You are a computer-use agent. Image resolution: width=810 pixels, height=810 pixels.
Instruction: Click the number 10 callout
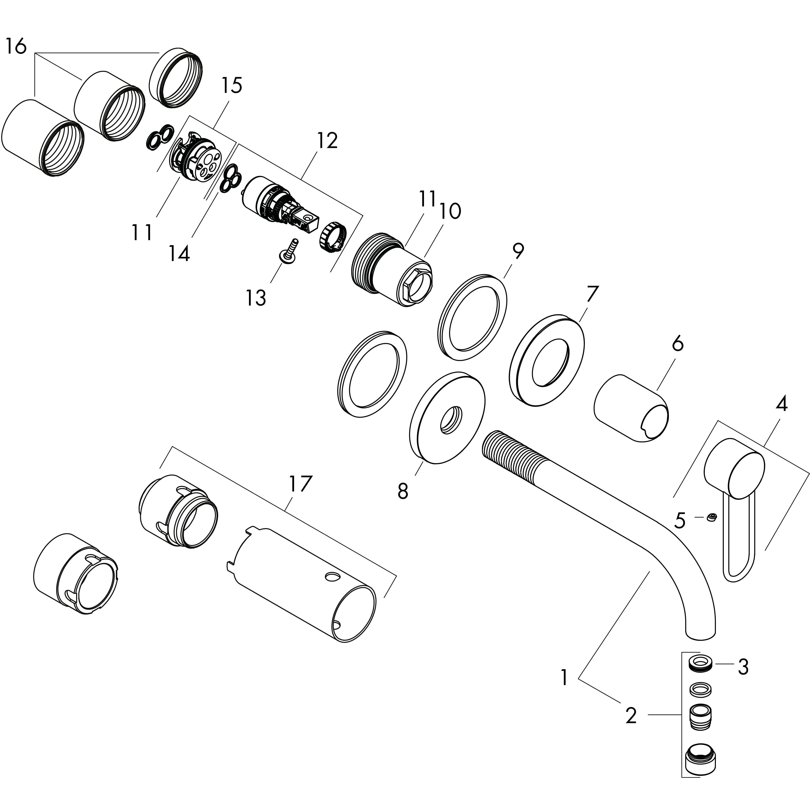click(x=450, y=211)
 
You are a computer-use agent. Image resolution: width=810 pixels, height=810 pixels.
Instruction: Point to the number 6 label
click(x=677, y=344)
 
